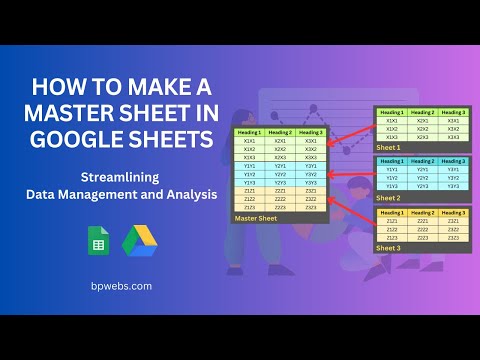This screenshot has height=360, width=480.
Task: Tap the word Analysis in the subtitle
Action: [x=186, y=194]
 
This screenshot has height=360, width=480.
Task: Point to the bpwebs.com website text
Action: [x=120, y=286]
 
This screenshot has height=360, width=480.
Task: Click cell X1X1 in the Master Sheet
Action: [x=249, y=141]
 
